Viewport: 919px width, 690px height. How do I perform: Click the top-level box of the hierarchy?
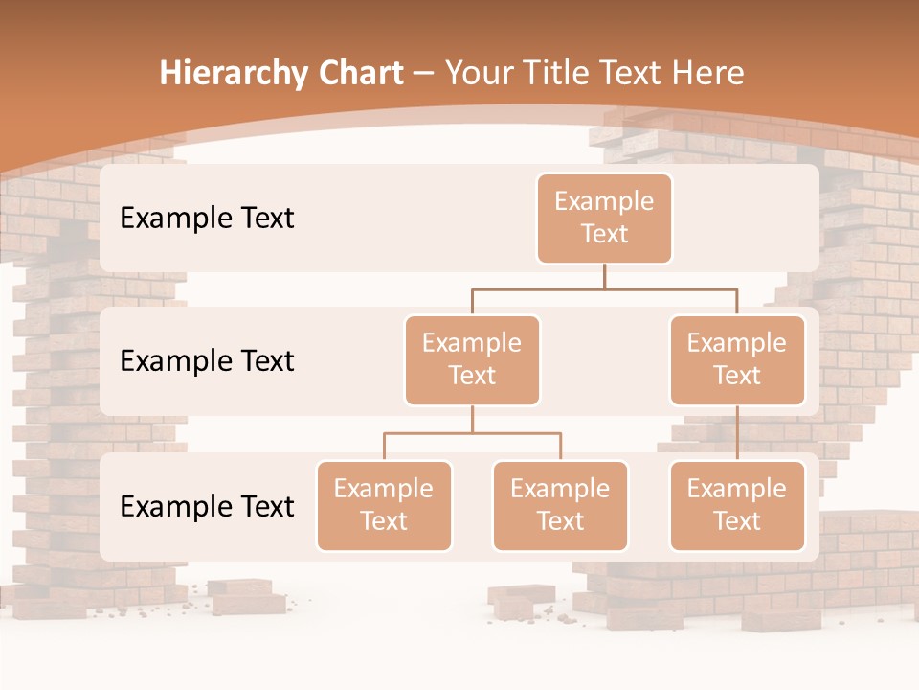click(604, 218)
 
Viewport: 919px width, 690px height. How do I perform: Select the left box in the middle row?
click(472, 359)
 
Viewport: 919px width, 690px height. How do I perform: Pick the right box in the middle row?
click(737, 359)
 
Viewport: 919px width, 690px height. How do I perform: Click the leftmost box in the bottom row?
click(384, 505)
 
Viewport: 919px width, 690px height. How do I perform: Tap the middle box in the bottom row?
click(560, 505)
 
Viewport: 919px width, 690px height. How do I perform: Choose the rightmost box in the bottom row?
click(737, 505)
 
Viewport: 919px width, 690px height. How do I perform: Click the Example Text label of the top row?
click(207, 218)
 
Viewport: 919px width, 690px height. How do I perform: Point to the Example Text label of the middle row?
click(207, 361)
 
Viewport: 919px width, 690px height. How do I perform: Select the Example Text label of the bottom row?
click(207, 506)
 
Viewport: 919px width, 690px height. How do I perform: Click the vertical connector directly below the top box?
click(604, 276)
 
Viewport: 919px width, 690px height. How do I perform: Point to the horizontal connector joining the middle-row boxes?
click(604, 288)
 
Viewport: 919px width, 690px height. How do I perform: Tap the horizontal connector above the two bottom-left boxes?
click(472, 433)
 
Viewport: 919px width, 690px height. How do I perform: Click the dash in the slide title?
click(424, 74)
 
